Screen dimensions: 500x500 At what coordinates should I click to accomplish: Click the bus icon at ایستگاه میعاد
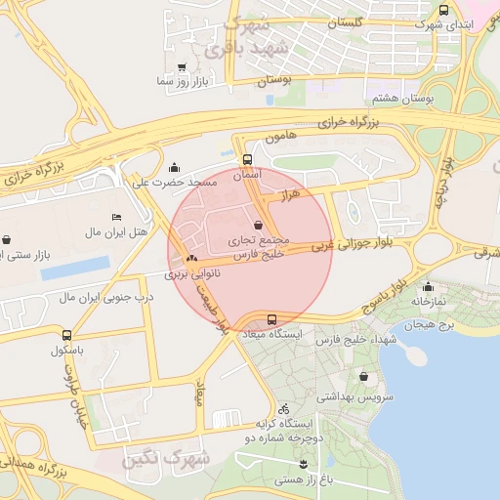click(x=271, y=319)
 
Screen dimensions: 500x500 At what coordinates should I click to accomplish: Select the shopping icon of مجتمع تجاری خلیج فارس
click(x=258, y=225)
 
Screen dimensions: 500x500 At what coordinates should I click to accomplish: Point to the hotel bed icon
click(x=117, y=216)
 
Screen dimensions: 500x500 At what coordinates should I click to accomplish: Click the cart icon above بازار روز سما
click(x=182, y=67)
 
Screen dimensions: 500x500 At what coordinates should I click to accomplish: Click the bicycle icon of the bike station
click(x=283, y=408)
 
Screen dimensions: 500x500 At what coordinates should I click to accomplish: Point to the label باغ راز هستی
click(x=304, y=479)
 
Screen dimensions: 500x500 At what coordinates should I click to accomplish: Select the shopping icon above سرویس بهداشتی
click(x=364, y=377)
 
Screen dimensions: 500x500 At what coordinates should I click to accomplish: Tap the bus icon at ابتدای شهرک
click(x=444, y=10)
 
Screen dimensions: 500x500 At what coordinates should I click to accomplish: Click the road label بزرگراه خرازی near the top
click(x=368, y=120)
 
